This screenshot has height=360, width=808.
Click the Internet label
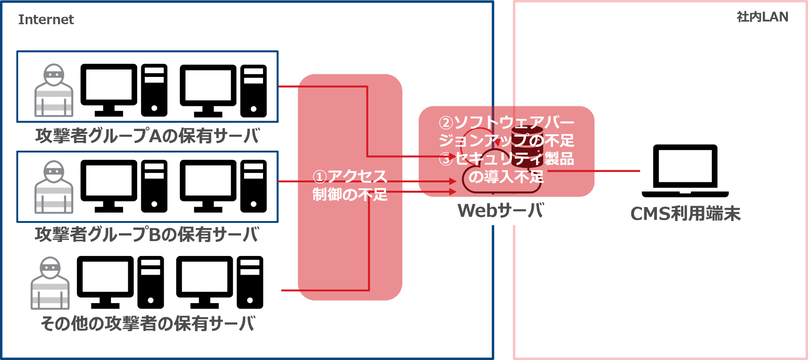tap(46, 20)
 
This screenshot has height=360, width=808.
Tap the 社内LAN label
tap(762, 17)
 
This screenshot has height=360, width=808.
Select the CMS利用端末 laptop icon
tap(685, 171)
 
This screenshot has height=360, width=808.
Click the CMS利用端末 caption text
tap(685, 214)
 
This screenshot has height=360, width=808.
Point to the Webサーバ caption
tap(500, 211)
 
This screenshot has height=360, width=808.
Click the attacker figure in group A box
tap(54, 90)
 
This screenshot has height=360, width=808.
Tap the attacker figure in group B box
tap(54, 187)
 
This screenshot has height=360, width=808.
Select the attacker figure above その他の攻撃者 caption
tap(50, 283)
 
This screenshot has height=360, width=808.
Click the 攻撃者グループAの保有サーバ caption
tap(147, 136)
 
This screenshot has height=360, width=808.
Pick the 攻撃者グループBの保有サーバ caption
tap(147, 234)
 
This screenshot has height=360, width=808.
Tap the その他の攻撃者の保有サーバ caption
tap(148, 323)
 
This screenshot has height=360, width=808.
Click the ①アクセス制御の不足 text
tap(350, 185)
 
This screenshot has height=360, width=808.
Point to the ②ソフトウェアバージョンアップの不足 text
tap(506, 131)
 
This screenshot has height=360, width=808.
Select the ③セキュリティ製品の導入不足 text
tap(506, 167)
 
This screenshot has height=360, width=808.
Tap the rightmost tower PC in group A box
tap(254, 90)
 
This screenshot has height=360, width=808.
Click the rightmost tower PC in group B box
tap(254, 187)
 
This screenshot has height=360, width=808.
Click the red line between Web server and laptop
tap(592, 171)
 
